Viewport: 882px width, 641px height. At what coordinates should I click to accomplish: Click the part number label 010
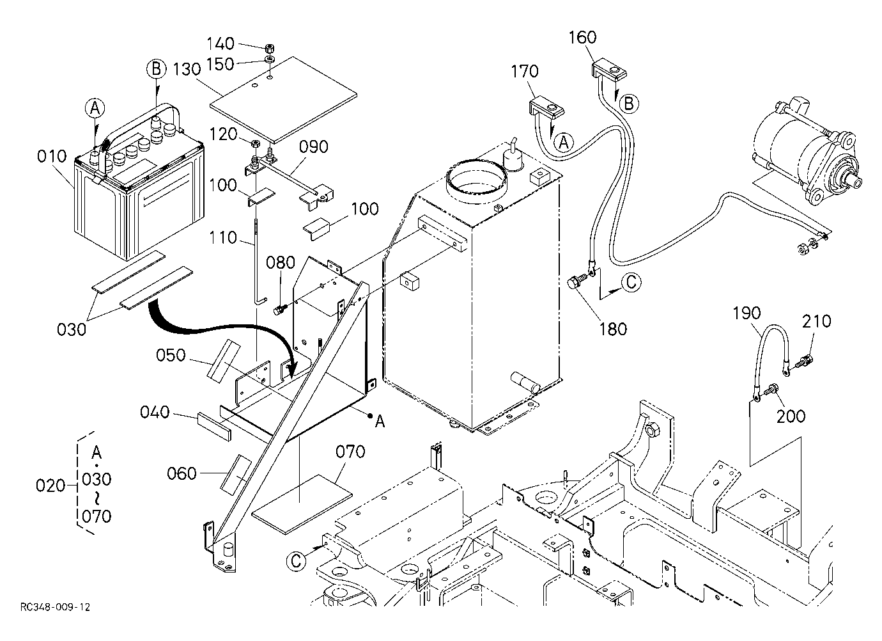point(52,157)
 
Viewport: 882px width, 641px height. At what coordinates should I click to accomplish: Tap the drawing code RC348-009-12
point(56,607)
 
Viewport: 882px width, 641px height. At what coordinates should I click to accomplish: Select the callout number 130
point(187,69)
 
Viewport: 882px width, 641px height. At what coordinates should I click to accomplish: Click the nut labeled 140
point(269,49)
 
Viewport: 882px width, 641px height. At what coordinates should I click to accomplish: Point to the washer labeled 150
point(270,60)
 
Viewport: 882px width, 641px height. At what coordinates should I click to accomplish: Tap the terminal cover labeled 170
point(546,108)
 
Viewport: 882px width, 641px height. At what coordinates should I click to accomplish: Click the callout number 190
point(747,313)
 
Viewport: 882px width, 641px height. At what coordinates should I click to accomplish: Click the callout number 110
point(223,238)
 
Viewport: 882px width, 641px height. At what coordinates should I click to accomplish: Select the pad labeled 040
point(215,427)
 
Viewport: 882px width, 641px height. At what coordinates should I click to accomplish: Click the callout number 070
point(350,452)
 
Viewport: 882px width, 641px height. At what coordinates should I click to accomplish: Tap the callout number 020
point(50,486)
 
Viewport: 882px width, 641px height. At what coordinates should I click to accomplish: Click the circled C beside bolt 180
point(631,282)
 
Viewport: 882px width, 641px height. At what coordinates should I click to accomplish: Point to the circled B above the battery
point(157,69)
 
